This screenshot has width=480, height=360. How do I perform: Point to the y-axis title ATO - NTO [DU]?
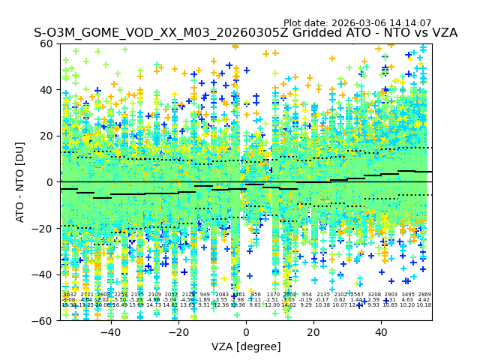click(x=21, y=181)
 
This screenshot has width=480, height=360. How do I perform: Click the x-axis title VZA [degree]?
click(x=246, y=346)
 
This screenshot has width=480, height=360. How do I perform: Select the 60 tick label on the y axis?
click(x=46, y=43)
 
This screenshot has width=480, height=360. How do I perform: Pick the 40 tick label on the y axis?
click(x=46, y=90)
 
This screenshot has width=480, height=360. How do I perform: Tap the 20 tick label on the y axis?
click(x=46, y=136)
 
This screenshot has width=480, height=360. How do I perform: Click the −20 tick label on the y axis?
click(x=43, y=228)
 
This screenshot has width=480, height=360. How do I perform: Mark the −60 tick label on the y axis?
click(x=43, y=320)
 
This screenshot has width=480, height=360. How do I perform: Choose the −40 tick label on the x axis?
click(x=110, y=332)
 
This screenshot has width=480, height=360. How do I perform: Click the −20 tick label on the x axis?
click(x=178, y=332)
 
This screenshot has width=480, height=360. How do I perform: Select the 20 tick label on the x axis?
click(x=313, y=332)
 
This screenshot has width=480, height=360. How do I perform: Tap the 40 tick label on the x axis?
click(x=381, y=332)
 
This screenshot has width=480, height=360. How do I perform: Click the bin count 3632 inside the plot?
click(x=69, y=295)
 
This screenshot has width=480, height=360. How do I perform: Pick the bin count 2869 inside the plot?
click(x=424, y=295)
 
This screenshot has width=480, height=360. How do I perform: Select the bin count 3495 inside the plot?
click(x=408, y=295)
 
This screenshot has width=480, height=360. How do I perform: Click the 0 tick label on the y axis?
click(x=50, y=182)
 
